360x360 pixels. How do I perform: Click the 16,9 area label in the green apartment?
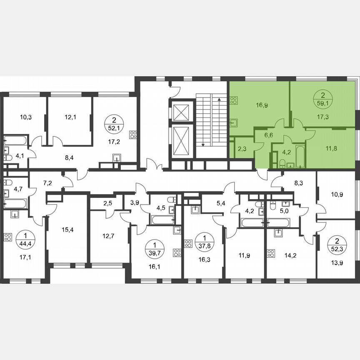[x=262, y=105]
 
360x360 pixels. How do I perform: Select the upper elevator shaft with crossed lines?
[x=181, y=111]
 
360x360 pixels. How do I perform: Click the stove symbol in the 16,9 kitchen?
[x=234, y=100]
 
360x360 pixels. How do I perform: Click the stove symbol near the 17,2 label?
[x=134, y=135]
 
